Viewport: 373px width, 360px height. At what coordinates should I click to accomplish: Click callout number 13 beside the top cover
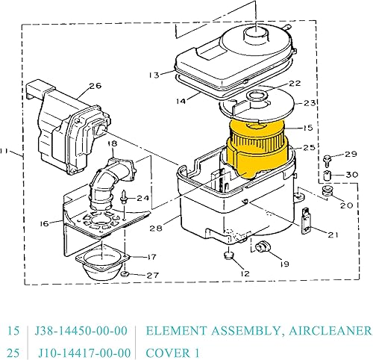tap(154, 75)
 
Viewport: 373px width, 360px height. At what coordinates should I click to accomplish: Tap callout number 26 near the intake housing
tap(95, 85)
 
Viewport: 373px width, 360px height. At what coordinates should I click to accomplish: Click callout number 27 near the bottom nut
tap(152, 276)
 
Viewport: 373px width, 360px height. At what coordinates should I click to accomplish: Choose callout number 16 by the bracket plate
tap(45, 223)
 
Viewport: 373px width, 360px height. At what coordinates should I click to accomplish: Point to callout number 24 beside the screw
tap(143, 198)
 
